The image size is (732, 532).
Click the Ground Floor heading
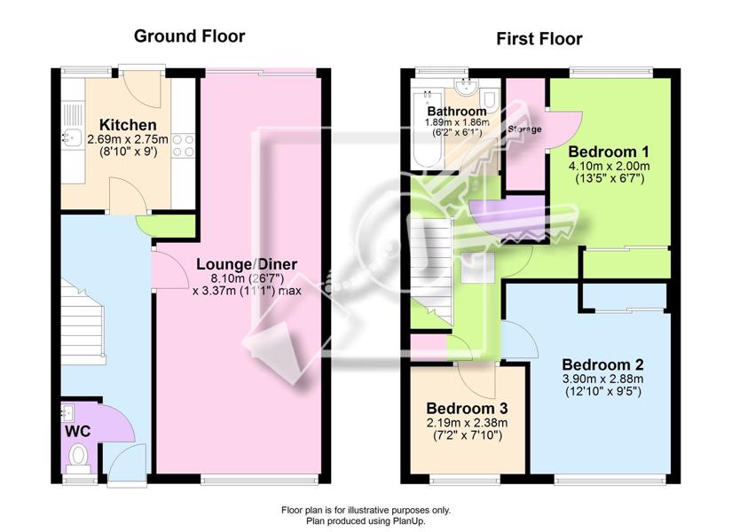189,36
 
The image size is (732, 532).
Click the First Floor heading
539,39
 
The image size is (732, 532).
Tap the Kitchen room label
128,125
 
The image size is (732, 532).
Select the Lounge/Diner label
247,264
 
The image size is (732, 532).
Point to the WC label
77,431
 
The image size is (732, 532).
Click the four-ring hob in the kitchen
183,145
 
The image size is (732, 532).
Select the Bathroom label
457,112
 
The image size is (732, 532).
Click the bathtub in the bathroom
428,129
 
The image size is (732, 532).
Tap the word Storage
524,129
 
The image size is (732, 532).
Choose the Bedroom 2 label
602,364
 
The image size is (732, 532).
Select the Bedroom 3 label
467,409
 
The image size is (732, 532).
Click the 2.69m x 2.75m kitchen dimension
128,139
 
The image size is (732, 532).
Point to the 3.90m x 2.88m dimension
602,379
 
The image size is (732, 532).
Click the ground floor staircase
83,322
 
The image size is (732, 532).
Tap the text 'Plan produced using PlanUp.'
366,520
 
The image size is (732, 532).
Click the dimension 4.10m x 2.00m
609,166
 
